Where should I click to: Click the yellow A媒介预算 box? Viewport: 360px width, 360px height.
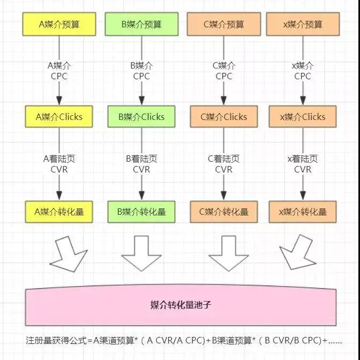click(59, 24)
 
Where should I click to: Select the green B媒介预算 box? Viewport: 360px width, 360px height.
click(141, 24)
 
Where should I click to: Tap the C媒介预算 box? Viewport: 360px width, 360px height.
click(224, 24)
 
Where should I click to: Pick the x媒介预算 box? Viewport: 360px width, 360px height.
click(303, 24)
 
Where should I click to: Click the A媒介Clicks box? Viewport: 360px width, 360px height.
click(59, 117)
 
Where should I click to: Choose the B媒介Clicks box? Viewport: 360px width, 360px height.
click(141, 117)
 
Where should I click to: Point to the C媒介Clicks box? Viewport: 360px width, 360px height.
click(224, 117)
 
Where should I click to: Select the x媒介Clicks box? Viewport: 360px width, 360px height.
click(303, 117)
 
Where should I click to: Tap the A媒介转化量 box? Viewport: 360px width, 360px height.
click(59, 212)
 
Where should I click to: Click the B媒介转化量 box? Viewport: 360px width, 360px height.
click(141, 212)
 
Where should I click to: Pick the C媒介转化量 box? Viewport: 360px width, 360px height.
click(224, 212)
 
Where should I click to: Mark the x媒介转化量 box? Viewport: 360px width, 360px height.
click(303, 212)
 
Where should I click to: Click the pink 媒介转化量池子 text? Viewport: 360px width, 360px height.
click(181, 305)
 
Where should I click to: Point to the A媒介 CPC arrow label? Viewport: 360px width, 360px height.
click(59, 71)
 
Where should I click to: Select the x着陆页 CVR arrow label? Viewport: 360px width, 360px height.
click(303, 164)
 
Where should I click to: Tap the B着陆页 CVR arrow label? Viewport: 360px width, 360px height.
click(141, 164)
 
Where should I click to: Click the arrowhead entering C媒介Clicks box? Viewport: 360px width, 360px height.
click(224, 100)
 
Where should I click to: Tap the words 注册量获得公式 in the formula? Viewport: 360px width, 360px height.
click(56, 340)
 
